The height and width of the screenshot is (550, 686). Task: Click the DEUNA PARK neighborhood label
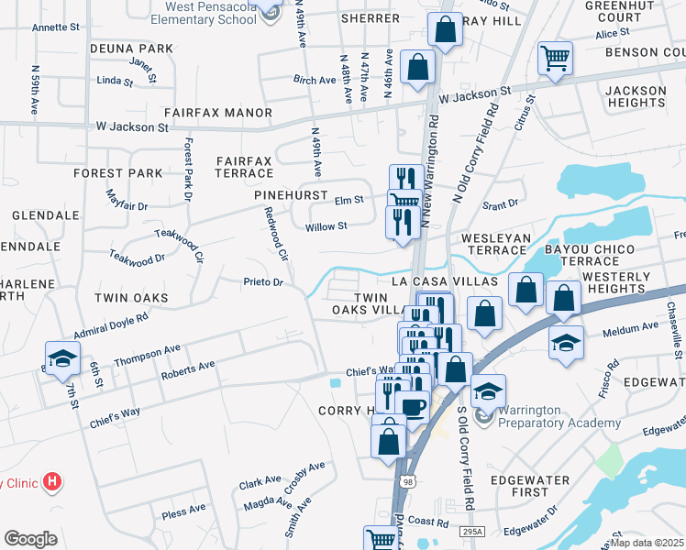(x=131, y=48)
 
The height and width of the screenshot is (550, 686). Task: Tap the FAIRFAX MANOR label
(x=218, y=113)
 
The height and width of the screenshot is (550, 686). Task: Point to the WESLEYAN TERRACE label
(x=495, y=244)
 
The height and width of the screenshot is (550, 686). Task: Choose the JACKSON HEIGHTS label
(x=636, y=97)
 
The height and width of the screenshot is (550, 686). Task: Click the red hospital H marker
(x=53, y=480)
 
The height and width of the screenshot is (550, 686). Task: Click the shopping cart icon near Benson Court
(x=555, y=59)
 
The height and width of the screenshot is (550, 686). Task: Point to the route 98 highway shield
(x=407, y=480)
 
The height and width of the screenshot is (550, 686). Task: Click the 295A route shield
(x=471, y=531)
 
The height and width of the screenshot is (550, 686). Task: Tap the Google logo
(x=30, y=539)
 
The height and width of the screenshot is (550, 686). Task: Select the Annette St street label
(x=57, y=27)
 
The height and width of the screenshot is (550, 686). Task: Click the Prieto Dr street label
(x=261, y=281)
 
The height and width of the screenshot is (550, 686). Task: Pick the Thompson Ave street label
(x=148, y=351)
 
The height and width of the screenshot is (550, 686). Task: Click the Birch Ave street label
(x=315, y=80)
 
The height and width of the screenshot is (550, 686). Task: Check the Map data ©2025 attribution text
(x=647, y=544)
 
